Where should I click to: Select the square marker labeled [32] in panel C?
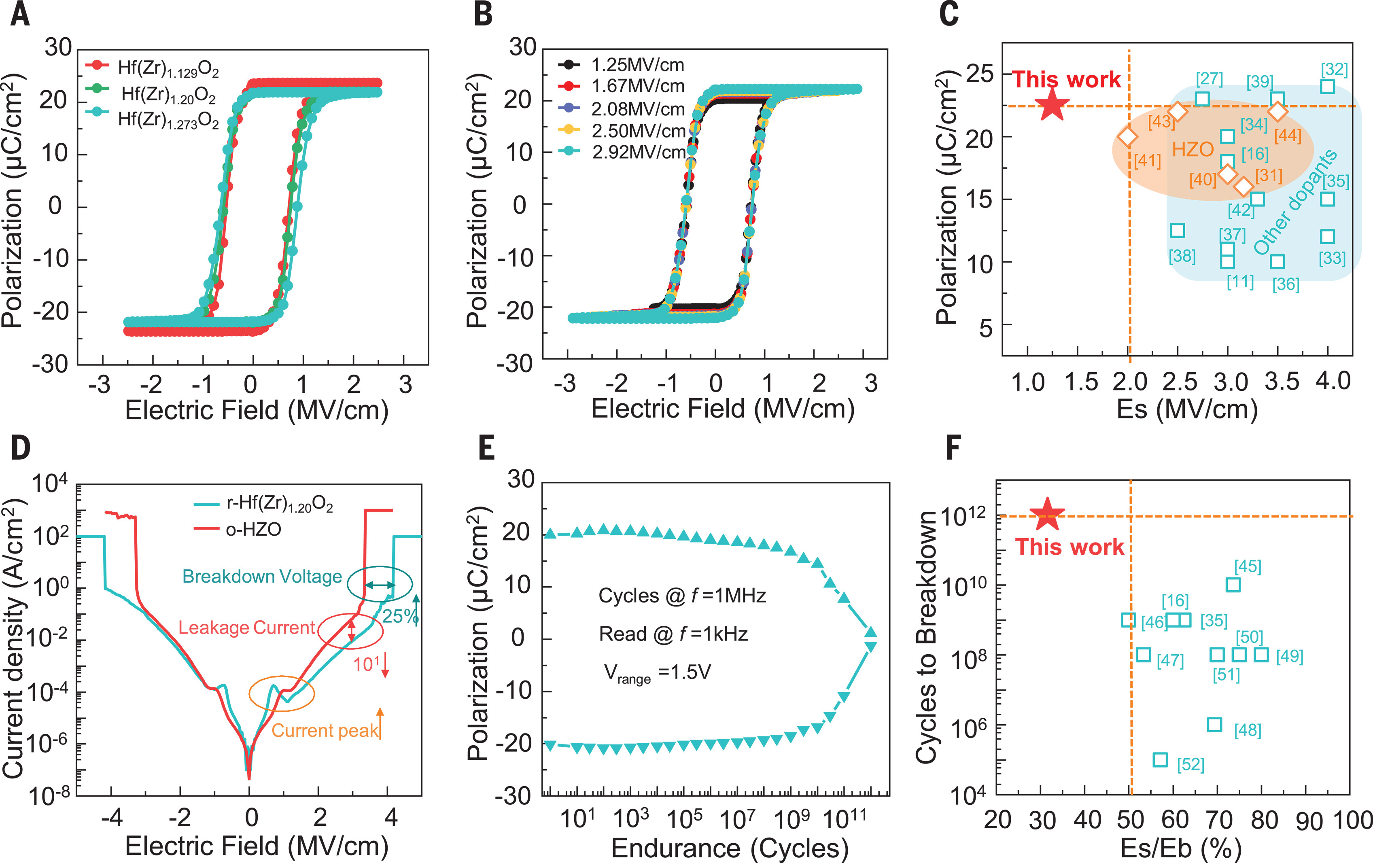[x=1327, y=86]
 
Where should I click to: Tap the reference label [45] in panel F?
[x=1248, y=566]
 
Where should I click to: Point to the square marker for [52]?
[x=1160, y=759]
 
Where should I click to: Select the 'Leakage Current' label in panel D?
[x=246, y=628]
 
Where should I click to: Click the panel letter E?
[x=486, y=448]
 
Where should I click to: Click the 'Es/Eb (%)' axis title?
[x=1180, y=848]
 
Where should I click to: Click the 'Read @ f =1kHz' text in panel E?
[x=673, y=634]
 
